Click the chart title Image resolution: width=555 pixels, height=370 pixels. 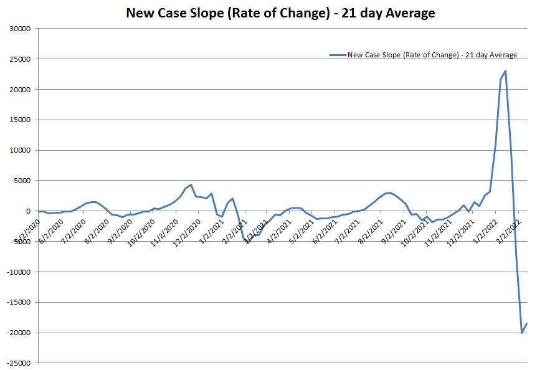coord(280,12)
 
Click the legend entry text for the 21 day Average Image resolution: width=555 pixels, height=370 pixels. coord(432,55)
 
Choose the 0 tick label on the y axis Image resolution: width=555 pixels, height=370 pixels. coord(28,211)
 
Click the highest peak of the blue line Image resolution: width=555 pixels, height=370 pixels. coord(505,70)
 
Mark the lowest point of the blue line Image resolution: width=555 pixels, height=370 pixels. coord(522,333)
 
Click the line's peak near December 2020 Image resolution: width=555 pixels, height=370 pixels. coord(191,184)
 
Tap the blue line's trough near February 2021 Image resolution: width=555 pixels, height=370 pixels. coord(248,243)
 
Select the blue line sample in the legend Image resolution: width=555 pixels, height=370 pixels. coord(338,55)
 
